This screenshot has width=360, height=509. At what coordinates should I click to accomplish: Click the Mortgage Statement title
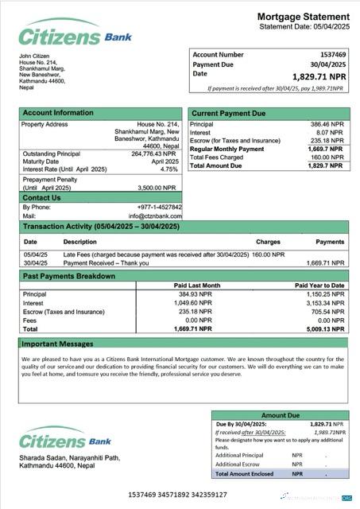point(303,16)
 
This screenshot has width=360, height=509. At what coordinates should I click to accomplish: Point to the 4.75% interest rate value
point(169,169)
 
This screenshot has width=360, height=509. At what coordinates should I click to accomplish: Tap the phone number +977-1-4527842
point(159,207)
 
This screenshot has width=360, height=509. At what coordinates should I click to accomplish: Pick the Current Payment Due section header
point(229,114)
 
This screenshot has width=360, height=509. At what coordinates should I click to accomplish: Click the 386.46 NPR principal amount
point(326,125)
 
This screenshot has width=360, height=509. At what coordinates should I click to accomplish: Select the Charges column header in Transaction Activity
point(268,241)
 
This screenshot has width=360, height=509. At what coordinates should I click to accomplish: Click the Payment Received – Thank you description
point(106,262)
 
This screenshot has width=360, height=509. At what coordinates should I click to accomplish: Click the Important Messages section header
point(57,344)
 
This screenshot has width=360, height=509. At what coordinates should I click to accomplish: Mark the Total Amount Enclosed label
point(244,474)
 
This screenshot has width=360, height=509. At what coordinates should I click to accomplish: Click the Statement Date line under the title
point(304,27)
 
